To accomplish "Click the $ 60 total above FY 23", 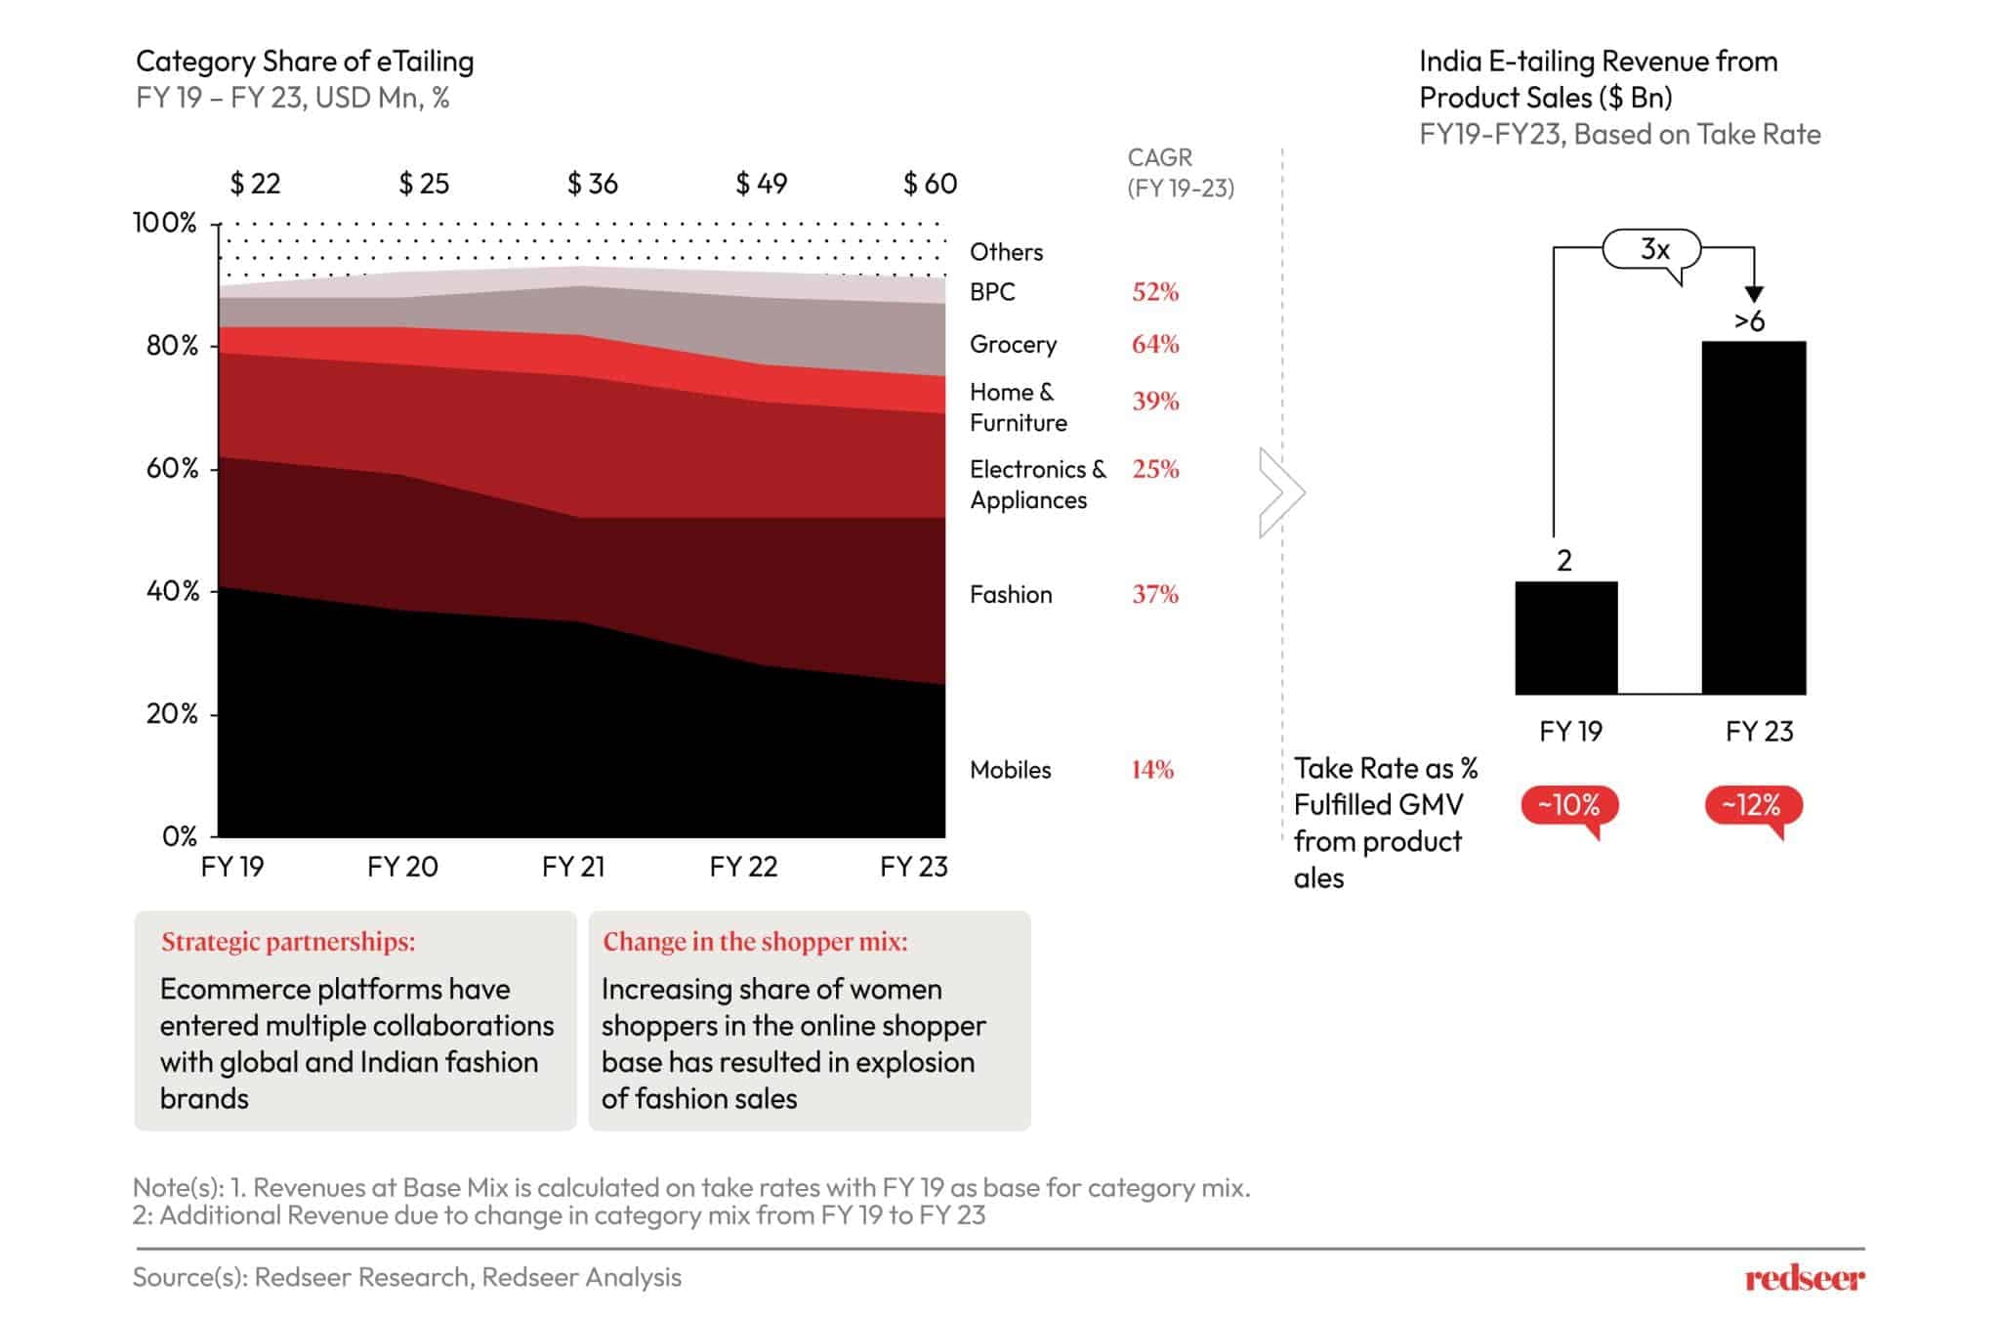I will tap(930, 184).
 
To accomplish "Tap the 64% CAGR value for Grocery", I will tap(1155, 345).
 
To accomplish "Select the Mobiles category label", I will tap(1010, 770).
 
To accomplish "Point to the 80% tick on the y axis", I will tap(172, 346).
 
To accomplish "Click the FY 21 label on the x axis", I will tap(573, 867).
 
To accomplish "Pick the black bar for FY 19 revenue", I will tap(1565, 638).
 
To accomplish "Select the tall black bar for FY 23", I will tap(1753, 518).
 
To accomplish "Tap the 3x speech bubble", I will tap(1653, 250).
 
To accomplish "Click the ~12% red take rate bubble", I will tap(1753, 806).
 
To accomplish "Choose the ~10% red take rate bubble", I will tap(1568, 806).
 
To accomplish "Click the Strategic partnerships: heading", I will tap(288, 942).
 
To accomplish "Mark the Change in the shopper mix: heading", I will tap(755, 942).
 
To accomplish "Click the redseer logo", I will tap(1804, 1278).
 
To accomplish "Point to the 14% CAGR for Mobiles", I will tap(1152, 770).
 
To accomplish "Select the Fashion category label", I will tap(1011, 595).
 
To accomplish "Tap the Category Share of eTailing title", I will tap(305, 62).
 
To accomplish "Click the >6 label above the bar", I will tap(1749, 321).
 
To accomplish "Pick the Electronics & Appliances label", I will tap(1037, 485).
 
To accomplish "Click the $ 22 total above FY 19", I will tap(255, 184).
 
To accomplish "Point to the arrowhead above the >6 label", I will tap(1754, 293).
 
